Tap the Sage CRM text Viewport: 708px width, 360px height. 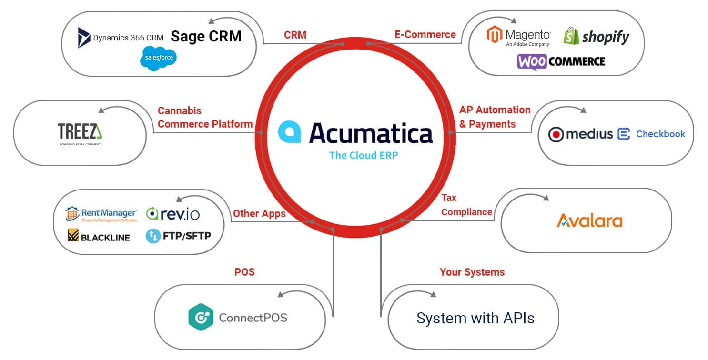click(206, 36)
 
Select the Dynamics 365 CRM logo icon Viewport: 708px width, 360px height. click(84, 38)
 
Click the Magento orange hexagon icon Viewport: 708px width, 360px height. click(495, 35)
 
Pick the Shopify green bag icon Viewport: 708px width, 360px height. click(571, 36)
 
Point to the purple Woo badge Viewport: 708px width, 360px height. click(532, 62)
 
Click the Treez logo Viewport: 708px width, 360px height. click(80, 132)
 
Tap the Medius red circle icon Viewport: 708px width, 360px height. click(556, 135)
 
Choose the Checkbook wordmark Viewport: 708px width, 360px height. click(660, 134)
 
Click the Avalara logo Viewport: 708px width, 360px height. click(590, 220)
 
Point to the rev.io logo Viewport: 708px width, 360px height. click(172, 214)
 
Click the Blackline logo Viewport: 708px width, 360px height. click(99, 236)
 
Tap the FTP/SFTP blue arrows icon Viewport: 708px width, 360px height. click(153, 236)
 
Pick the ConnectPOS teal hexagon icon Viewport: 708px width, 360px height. click(201, 317)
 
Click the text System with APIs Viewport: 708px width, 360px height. click(475, 318)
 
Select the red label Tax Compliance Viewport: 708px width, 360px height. click(466, 205)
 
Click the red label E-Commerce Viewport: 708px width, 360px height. click(425, 34)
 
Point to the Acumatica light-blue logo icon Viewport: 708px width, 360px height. click(289, 132)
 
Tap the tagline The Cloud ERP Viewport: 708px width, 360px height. click(363, 155)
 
